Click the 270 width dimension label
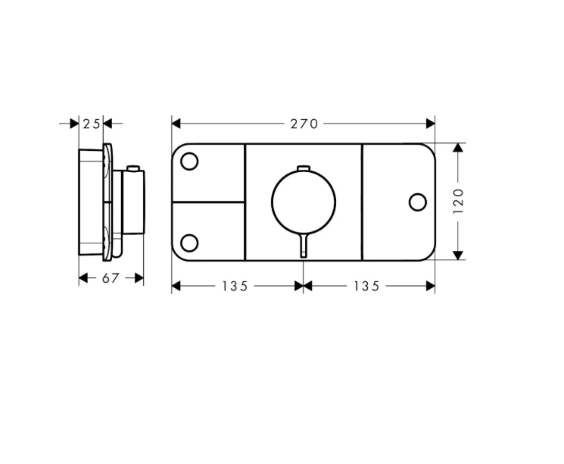coord(304,124)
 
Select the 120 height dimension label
coord(458,201)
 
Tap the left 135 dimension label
coord(235,286)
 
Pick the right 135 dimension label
coord(366,286)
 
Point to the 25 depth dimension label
coord(92,124)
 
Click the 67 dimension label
coord(111,278)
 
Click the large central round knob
coord(304,202)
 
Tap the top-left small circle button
coord(189,161)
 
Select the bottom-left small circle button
coord(189,243)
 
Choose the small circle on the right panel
coord(418,202)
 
